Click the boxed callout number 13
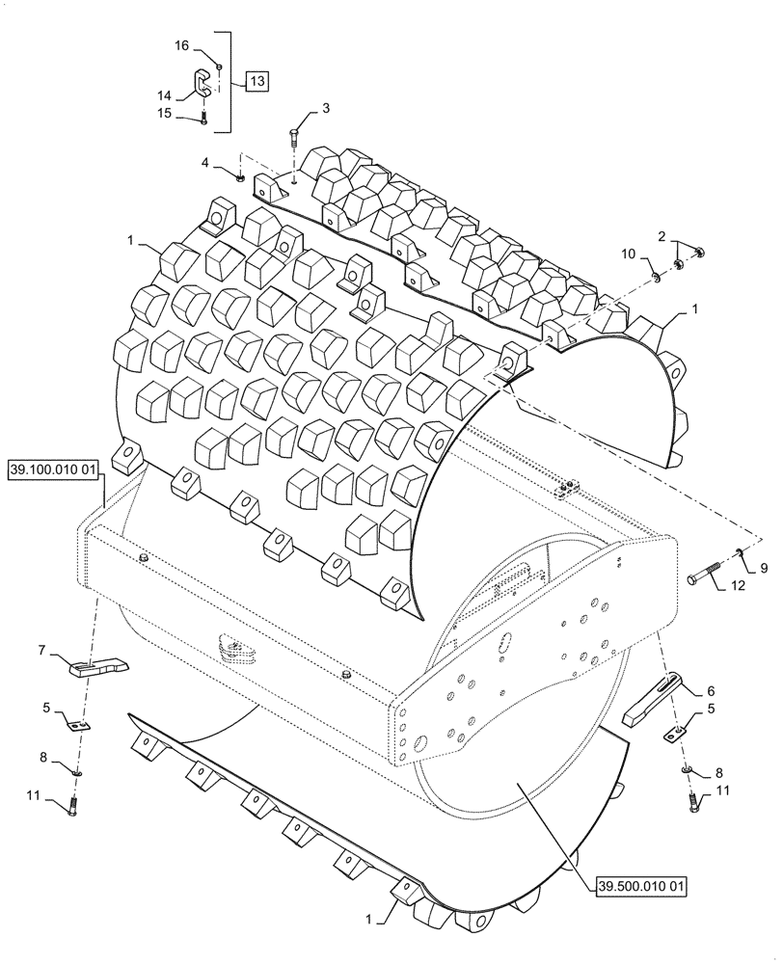point(256,81)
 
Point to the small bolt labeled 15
point(204,119)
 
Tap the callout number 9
point(763,568)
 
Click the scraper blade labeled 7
point(98,665)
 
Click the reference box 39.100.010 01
point(56,470)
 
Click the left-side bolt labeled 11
point(71,806)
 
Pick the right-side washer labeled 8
point(688,770)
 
